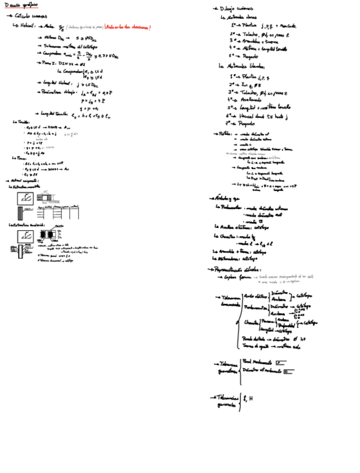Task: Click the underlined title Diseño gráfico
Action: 21,5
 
